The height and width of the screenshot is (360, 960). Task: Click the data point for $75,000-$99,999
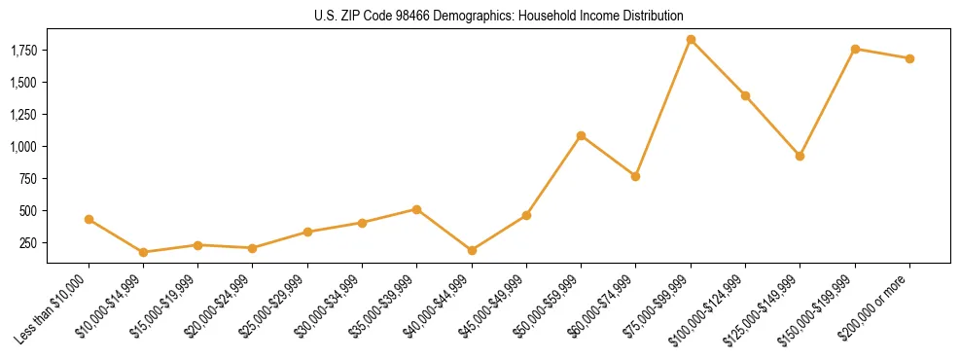click(691, 40)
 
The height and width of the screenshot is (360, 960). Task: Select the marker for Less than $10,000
click(89, 220)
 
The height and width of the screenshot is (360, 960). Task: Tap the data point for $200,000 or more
click(909, 58)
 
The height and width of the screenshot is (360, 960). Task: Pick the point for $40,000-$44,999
click(472, 250)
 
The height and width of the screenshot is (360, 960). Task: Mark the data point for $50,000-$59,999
click(581, 135)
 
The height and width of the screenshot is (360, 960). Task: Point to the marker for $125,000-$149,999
click(800, 156)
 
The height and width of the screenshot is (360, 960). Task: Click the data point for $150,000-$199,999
click(855, 49)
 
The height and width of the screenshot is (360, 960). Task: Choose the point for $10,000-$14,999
click(144, 252)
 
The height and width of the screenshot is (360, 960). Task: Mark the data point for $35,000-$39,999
click(416, 209)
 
